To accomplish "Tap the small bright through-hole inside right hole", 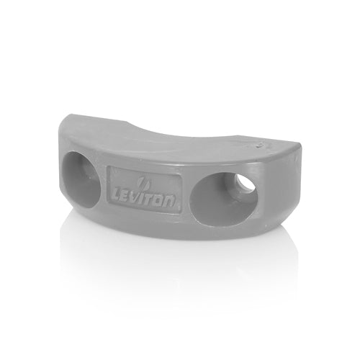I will coord(246,185).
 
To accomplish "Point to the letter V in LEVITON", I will coord(137,197).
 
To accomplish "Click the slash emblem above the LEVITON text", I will coord(142,183).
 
